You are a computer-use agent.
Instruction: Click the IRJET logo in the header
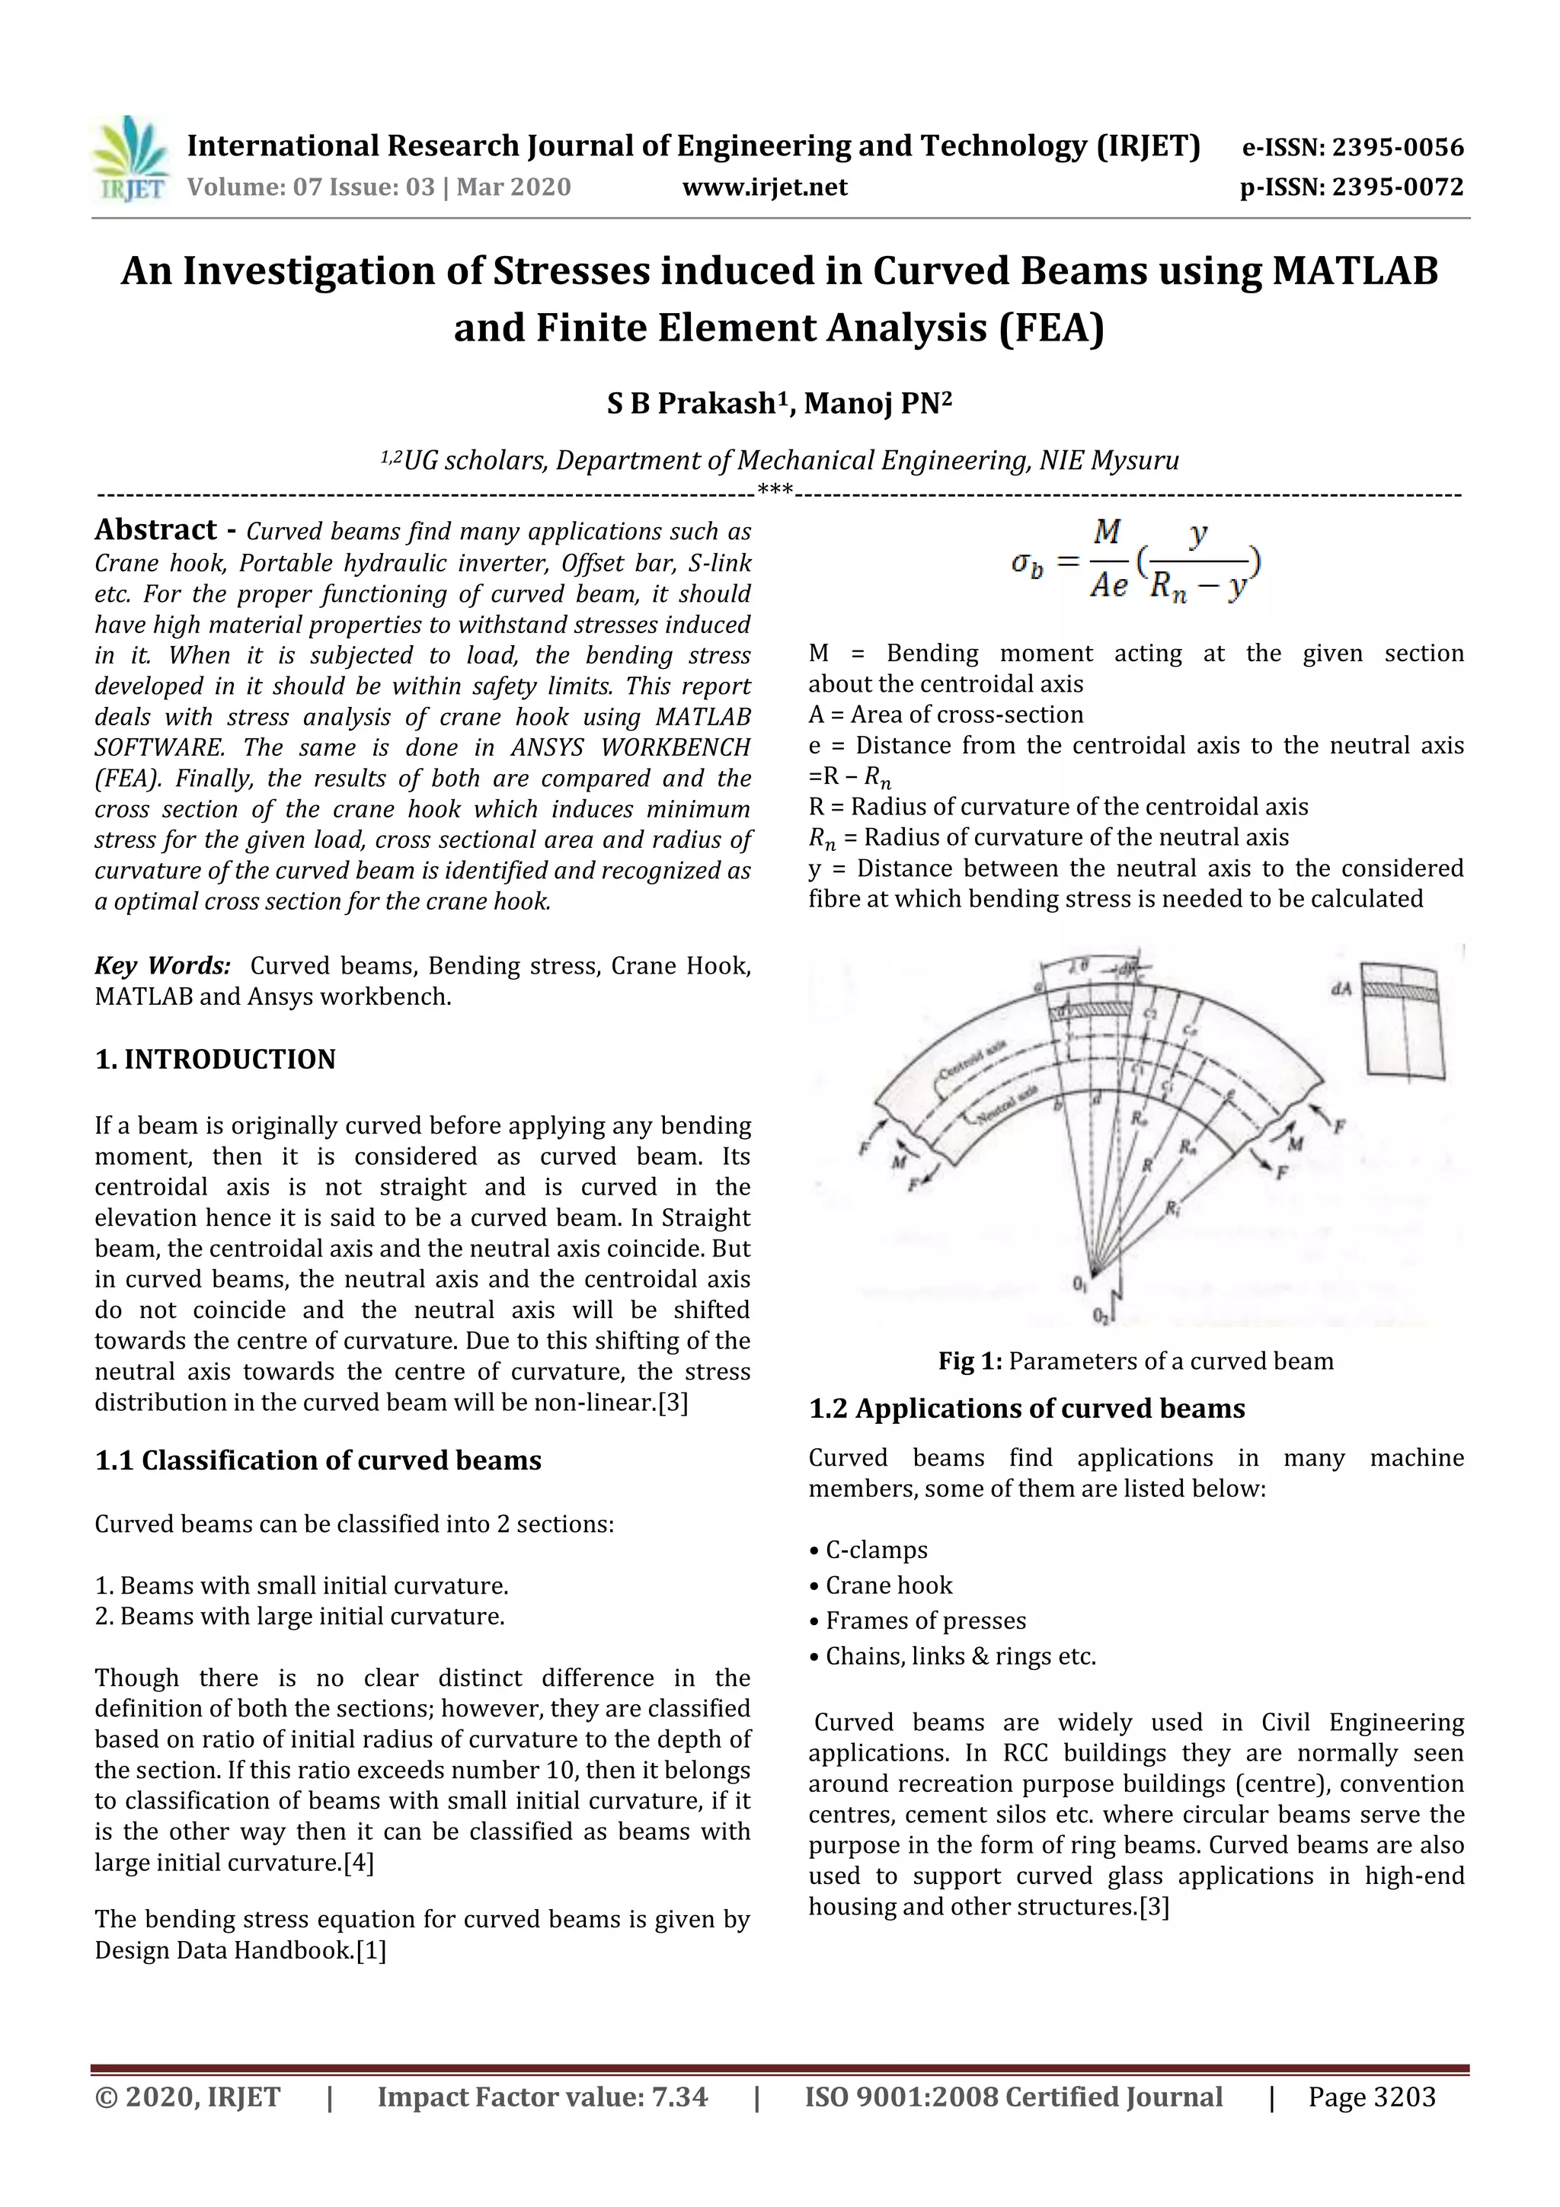point(129,159)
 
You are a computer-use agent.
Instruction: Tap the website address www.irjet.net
point(764,187)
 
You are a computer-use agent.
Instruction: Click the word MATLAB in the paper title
point(1354,271)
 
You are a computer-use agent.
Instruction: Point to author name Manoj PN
point(877,403)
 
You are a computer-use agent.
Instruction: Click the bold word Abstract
point(155,529)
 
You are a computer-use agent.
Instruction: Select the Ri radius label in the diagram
point(1172,1211)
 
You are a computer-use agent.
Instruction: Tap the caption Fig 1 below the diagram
point(970,1361)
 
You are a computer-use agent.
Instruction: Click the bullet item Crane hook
point(888,1585)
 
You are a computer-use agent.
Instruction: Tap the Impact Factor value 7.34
point(679,2097)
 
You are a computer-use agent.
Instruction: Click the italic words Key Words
point(161,965)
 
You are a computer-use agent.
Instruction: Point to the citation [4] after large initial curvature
point(359,1862)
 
